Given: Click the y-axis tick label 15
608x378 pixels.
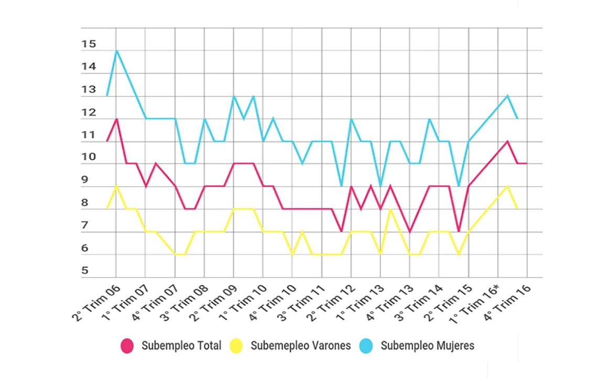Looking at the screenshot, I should (89, 45).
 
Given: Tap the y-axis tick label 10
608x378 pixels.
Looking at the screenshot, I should (89, 157).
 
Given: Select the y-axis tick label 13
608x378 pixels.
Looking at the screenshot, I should (89, 90).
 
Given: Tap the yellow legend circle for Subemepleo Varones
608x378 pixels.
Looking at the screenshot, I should (236, 346).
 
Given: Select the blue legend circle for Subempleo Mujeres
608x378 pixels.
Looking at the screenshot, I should (366, 346).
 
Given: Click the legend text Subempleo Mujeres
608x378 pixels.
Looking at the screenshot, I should (427, 346).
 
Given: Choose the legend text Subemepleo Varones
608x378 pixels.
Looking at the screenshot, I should (300, 346).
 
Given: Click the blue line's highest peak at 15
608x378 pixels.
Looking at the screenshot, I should (116, 51).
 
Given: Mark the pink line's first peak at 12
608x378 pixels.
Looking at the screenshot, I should (116, 119).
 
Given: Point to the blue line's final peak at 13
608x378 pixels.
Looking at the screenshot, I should (507, 96).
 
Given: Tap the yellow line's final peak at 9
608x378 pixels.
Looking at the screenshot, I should (507, 186).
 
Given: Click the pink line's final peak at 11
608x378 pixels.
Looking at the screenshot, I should (507, 141).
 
